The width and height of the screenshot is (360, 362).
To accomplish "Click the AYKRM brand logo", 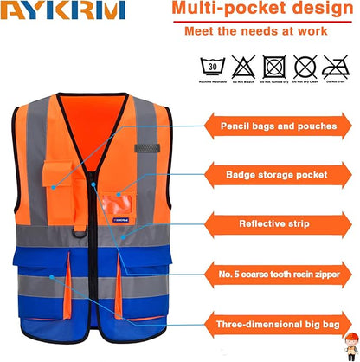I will click(63, 11).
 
